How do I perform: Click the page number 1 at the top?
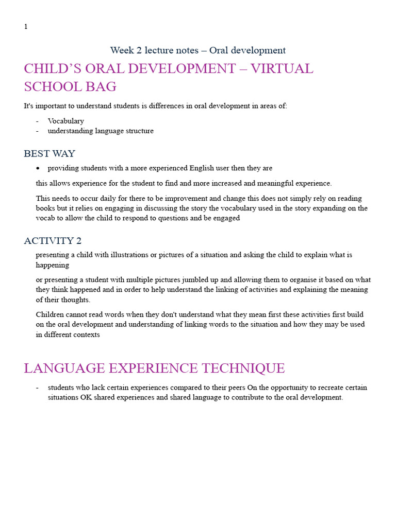click(x=26, y=27)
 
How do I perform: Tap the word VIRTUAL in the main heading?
click(x=282, y=69)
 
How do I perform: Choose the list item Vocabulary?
click(x=65, y=121)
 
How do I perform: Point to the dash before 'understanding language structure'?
click(x=38, y=131)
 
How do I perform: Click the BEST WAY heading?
click(x=49, y=154)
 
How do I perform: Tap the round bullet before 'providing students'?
click(x=38, y=168)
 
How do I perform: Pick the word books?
click(x=46, y=208)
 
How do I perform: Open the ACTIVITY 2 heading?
click(x=53, y=241)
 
